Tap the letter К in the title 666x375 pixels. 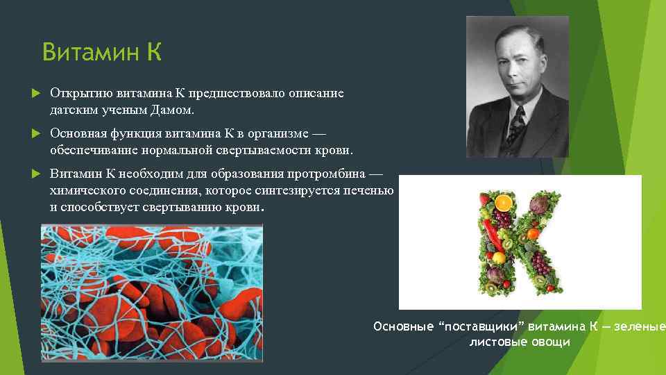tap(153, 52)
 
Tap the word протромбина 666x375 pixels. tap(326, 174)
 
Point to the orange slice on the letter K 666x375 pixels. tap(504, 203)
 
